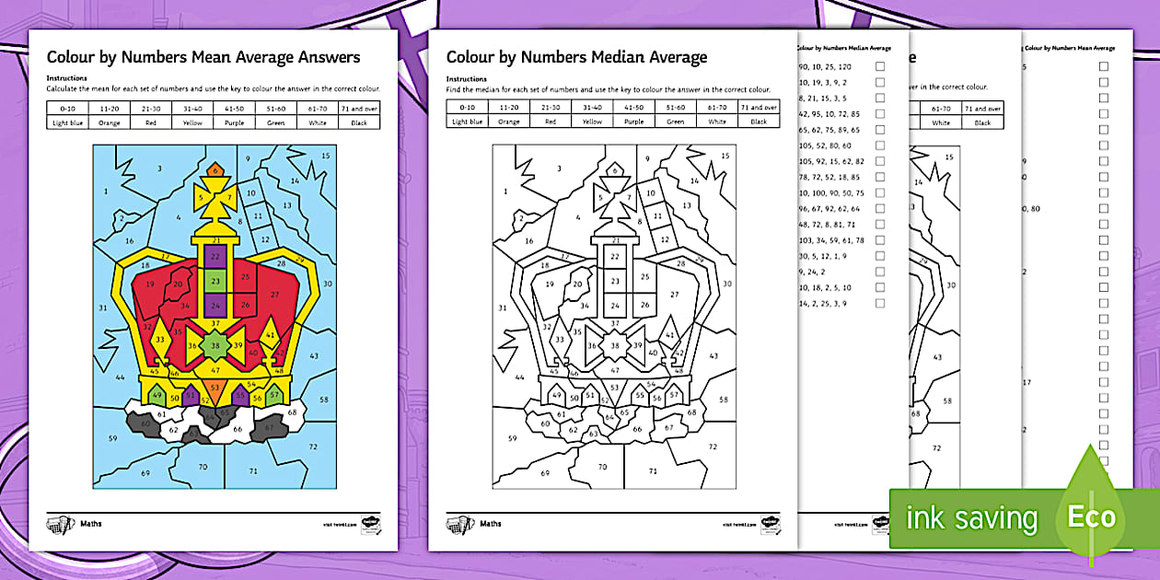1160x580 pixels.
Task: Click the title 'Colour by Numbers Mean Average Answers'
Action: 203,57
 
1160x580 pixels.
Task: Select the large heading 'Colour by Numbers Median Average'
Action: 576,57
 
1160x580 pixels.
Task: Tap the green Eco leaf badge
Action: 1092,517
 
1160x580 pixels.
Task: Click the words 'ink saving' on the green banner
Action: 972,518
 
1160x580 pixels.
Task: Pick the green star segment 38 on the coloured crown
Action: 215,346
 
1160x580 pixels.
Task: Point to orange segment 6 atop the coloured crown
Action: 215,170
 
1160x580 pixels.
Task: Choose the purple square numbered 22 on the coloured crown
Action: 215,257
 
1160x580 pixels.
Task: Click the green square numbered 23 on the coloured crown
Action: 215,280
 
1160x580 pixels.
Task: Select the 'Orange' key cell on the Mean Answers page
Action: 110,122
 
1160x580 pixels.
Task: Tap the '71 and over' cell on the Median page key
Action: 759,108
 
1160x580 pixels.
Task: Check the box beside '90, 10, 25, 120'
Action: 880,67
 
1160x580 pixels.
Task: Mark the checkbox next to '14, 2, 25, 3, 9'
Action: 880,303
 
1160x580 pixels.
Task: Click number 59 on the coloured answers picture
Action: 112,438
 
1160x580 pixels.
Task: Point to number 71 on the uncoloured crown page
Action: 653,471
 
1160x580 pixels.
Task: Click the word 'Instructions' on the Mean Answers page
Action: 66,79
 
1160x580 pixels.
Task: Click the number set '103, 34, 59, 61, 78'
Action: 832,240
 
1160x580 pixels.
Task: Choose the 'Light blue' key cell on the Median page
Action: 467,122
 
